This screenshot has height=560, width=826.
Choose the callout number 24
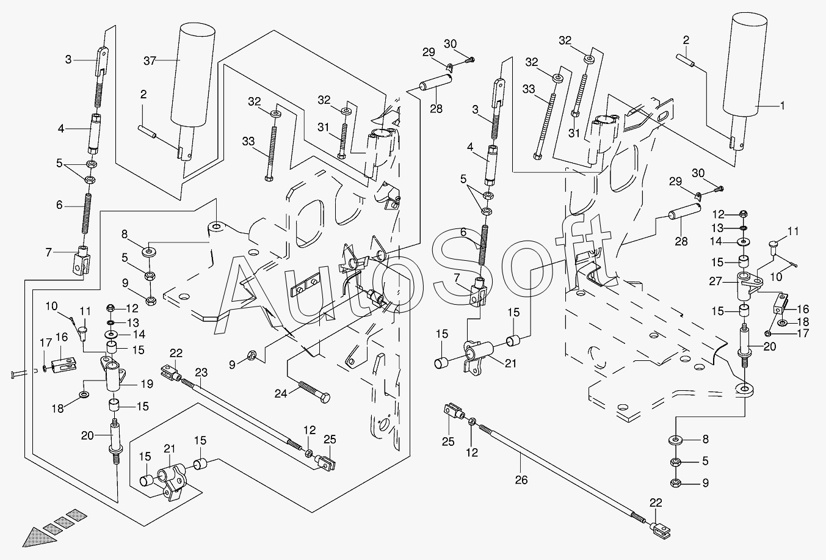(280, 394)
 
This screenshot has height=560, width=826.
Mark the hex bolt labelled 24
(314, 389)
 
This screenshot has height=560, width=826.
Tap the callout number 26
(521, 480)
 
